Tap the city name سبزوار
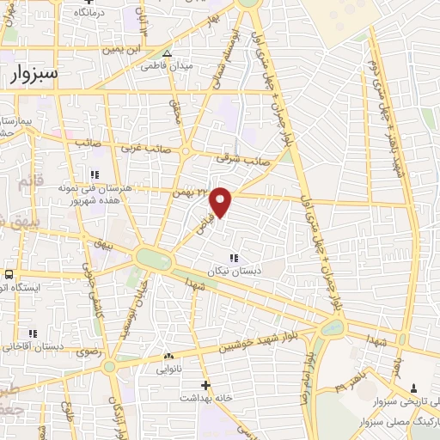[x=33, y=75]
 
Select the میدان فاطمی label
[x=167, y=65]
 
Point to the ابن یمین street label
[x=123, y=49]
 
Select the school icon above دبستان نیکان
[x=233, y=258]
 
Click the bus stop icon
[x=8, y=274]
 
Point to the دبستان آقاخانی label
[x=34, y=346]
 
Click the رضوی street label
[x=88, y=351]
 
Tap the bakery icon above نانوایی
[x=168, y=356]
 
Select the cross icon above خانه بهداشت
[x=205, y=384]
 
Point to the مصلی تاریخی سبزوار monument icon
[x=414, y=388]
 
